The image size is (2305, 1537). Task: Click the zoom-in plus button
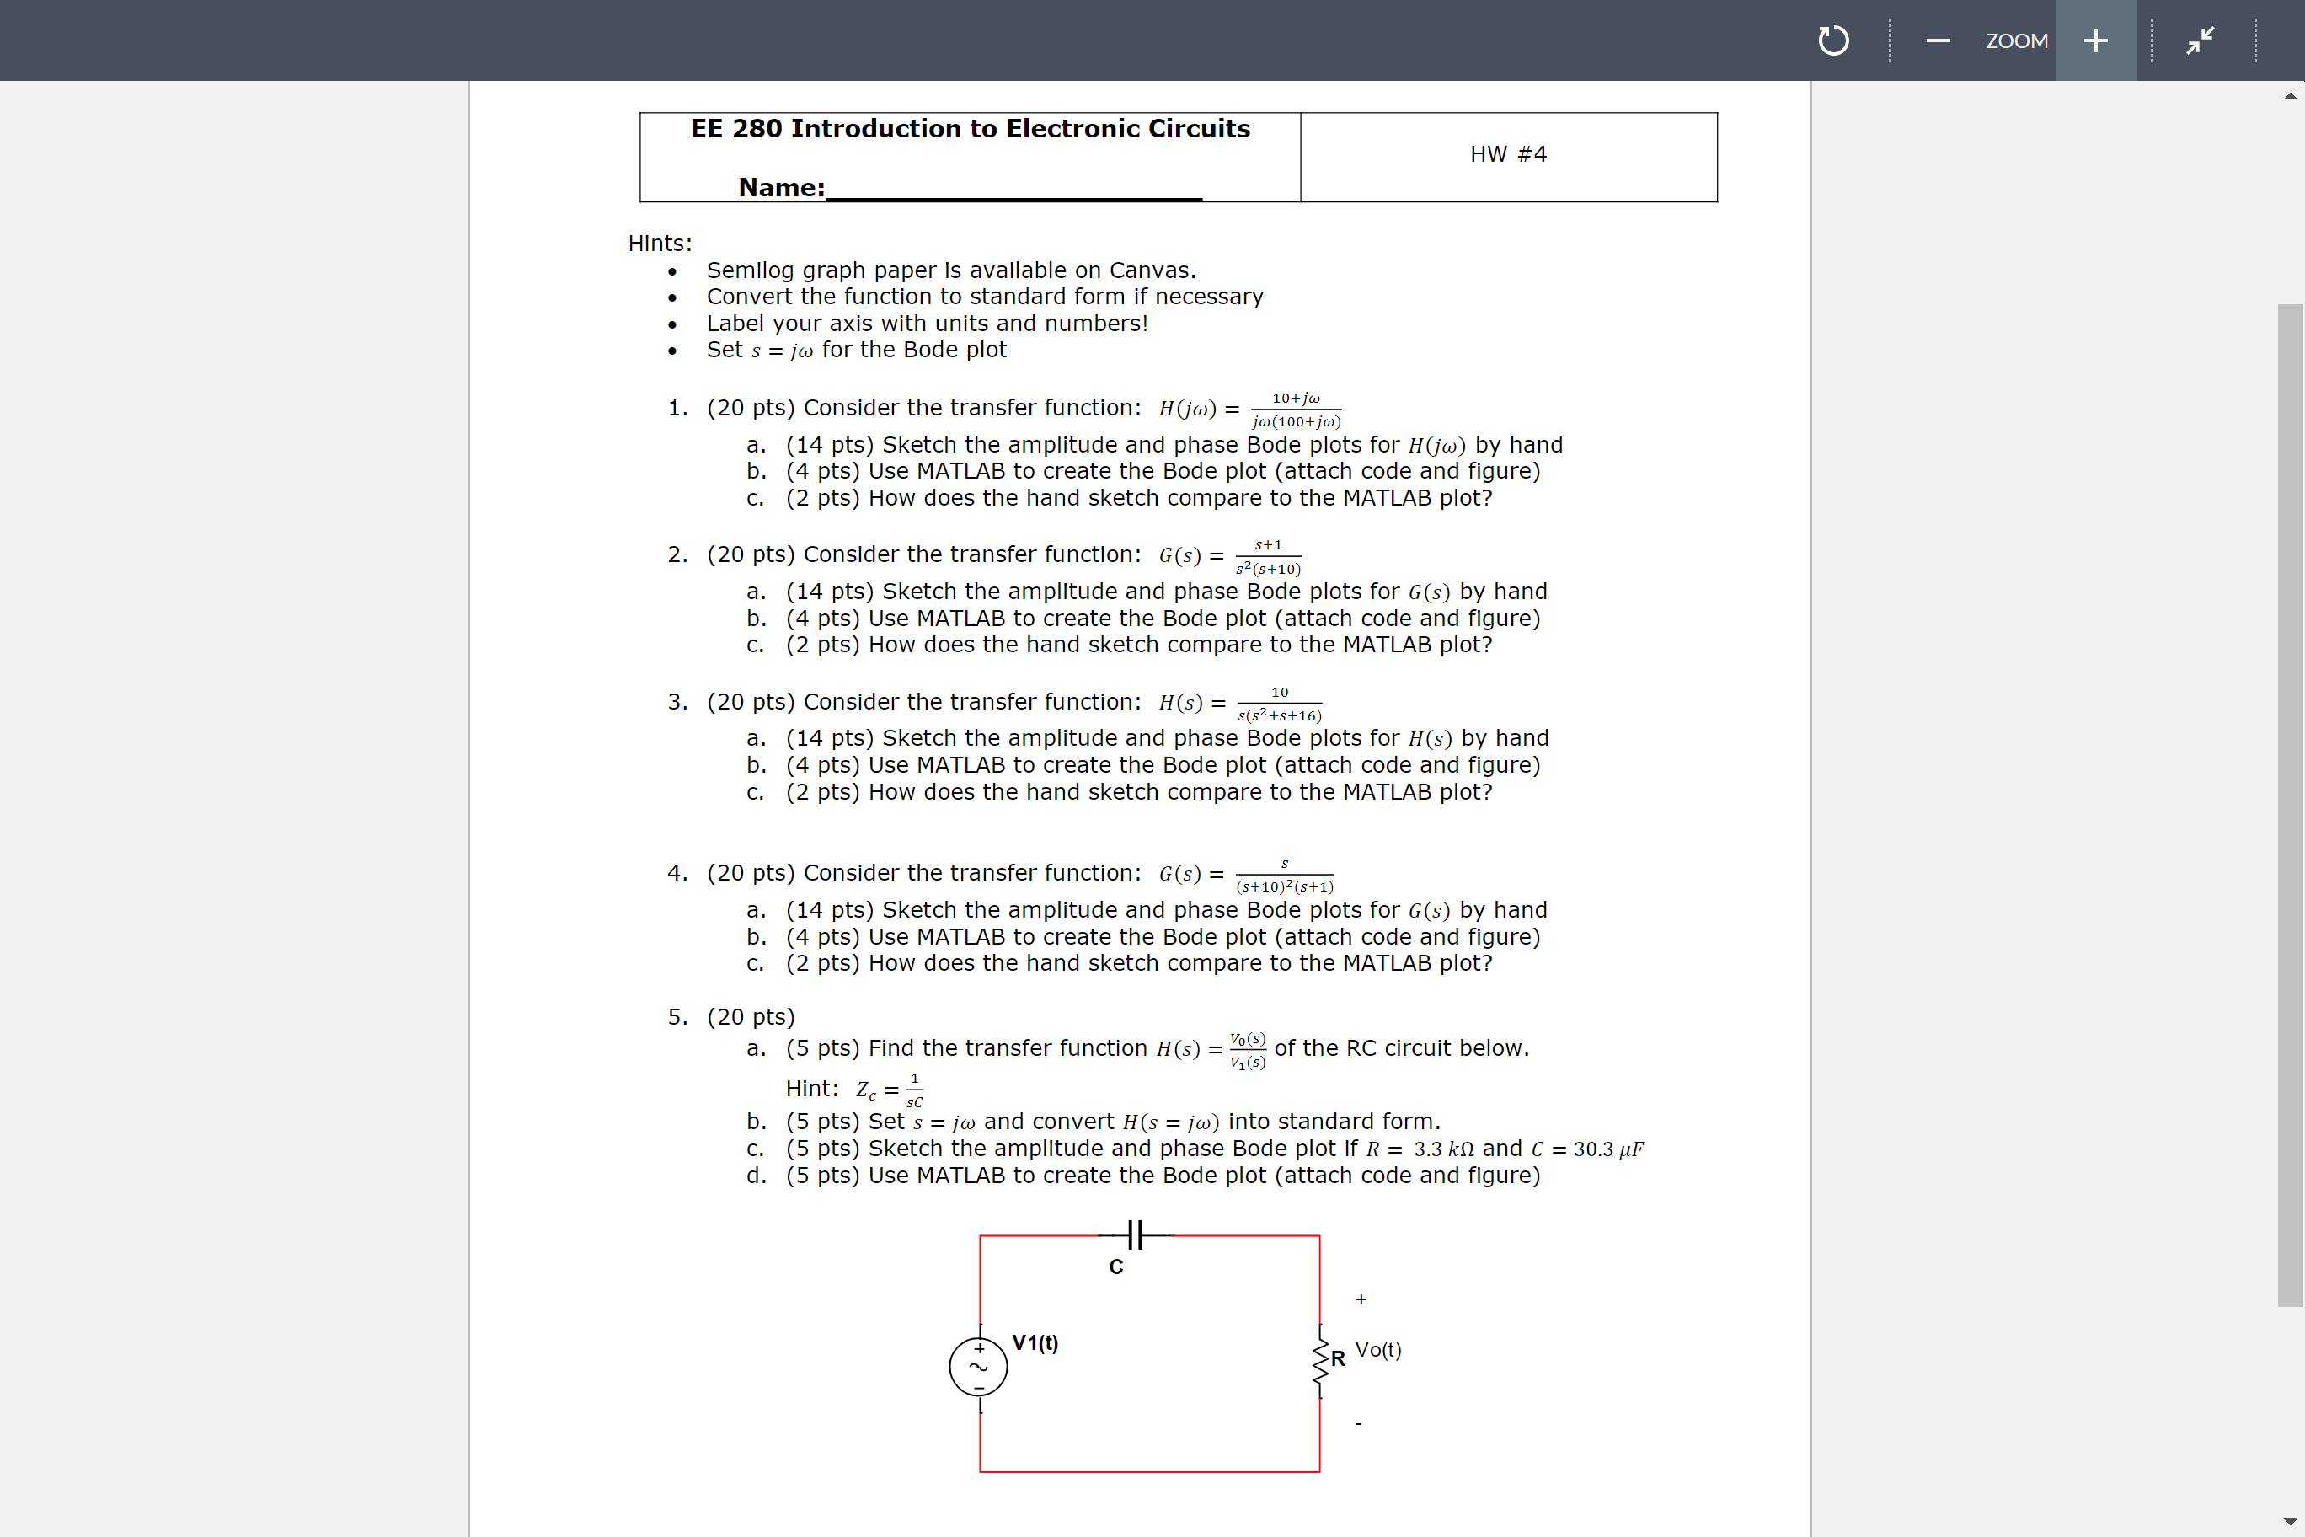point(2095,40)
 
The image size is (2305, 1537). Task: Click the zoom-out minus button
point(1938,40)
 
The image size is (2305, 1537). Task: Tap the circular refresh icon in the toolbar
point(1832,40)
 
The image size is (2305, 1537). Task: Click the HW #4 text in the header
point(1507,154)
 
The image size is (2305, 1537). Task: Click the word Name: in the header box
point(781,187)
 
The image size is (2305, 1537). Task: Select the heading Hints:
point(660,243)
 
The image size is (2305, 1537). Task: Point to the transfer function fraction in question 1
point(1296,410)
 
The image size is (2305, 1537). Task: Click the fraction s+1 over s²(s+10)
point(1268,557)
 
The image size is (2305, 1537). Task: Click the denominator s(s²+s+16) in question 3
point(1279,715)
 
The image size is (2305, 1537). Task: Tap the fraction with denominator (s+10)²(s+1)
point(1284,876)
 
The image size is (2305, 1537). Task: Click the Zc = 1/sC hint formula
point(889,1089)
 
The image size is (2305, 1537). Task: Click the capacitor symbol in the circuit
point(1135,1235)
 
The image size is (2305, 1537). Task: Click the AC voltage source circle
point(978,1367)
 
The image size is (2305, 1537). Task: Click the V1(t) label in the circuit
point(1035,1343)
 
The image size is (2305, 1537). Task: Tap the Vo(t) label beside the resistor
point(1378,1350)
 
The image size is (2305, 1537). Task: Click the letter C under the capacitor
point(1115,1267)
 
